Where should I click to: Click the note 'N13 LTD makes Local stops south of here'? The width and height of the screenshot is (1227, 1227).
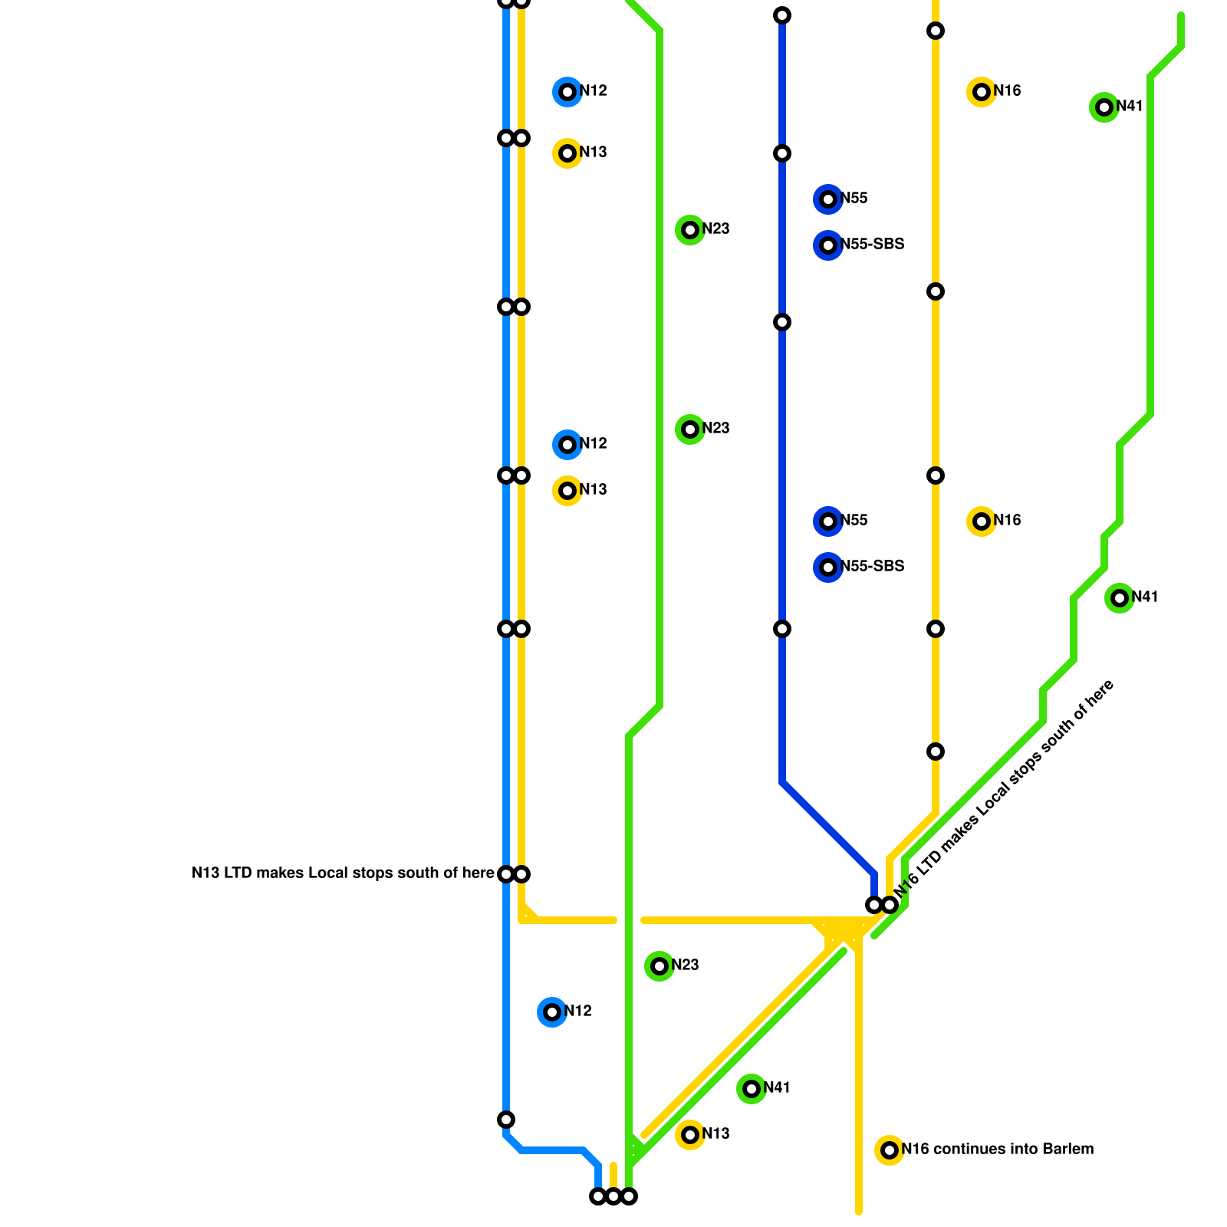coord(343,873)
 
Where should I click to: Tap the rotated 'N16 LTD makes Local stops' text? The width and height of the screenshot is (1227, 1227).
coord(1005,790)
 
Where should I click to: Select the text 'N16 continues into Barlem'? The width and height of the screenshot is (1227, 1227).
coord(997,1150)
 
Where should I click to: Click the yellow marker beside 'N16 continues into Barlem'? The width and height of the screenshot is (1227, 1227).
coord(890,1150)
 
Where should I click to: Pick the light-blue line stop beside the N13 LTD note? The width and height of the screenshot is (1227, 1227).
coord(506,874)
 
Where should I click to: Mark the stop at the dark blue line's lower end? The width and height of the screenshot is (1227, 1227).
coord(873,905)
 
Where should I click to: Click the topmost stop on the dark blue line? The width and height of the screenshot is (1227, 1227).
coord(782,15)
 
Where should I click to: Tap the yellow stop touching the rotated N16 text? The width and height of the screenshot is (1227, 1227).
coord(890,905)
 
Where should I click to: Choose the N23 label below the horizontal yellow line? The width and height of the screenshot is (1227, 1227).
coord(685,965)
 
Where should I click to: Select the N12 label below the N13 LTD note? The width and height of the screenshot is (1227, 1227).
coord(577,1012)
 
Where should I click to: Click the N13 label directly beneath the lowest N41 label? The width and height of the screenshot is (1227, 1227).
coord(715,1134)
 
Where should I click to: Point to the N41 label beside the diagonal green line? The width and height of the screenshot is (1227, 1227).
coord(776,1088)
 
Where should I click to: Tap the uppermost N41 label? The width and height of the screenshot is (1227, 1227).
coord(1130,107)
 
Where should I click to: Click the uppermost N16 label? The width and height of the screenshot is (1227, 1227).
coord(1007,91)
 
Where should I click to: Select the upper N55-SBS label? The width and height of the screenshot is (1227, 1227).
coord(872,245)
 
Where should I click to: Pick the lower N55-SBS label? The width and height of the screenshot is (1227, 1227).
coord(872,567)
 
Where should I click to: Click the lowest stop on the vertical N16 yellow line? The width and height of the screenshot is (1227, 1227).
coord(936,752)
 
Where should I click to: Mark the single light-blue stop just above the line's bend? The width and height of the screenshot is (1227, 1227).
coord(506,1120)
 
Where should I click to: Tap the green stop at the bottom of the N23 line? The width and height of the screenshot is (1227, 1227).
coord(629,1196)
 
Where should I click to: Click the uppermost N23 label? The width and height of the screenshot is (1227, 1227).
coord(715,229)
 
